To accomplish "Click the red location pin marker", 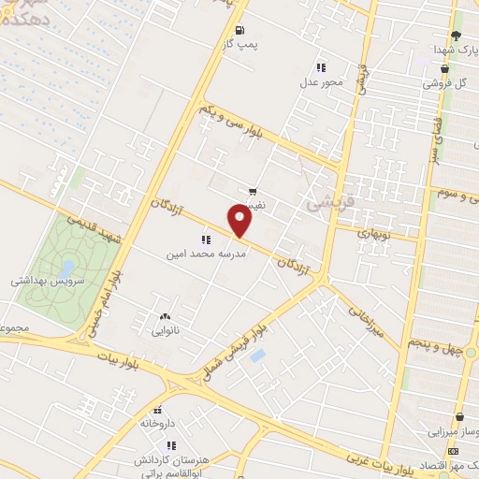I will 240,221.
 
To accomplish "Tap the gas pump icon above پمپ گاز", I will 240,30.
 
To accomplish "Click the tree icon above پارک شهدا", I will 456,35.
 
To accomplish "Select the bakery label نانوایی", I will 165,330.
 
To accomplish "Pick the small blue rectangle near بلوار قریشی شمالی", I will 258,356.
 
